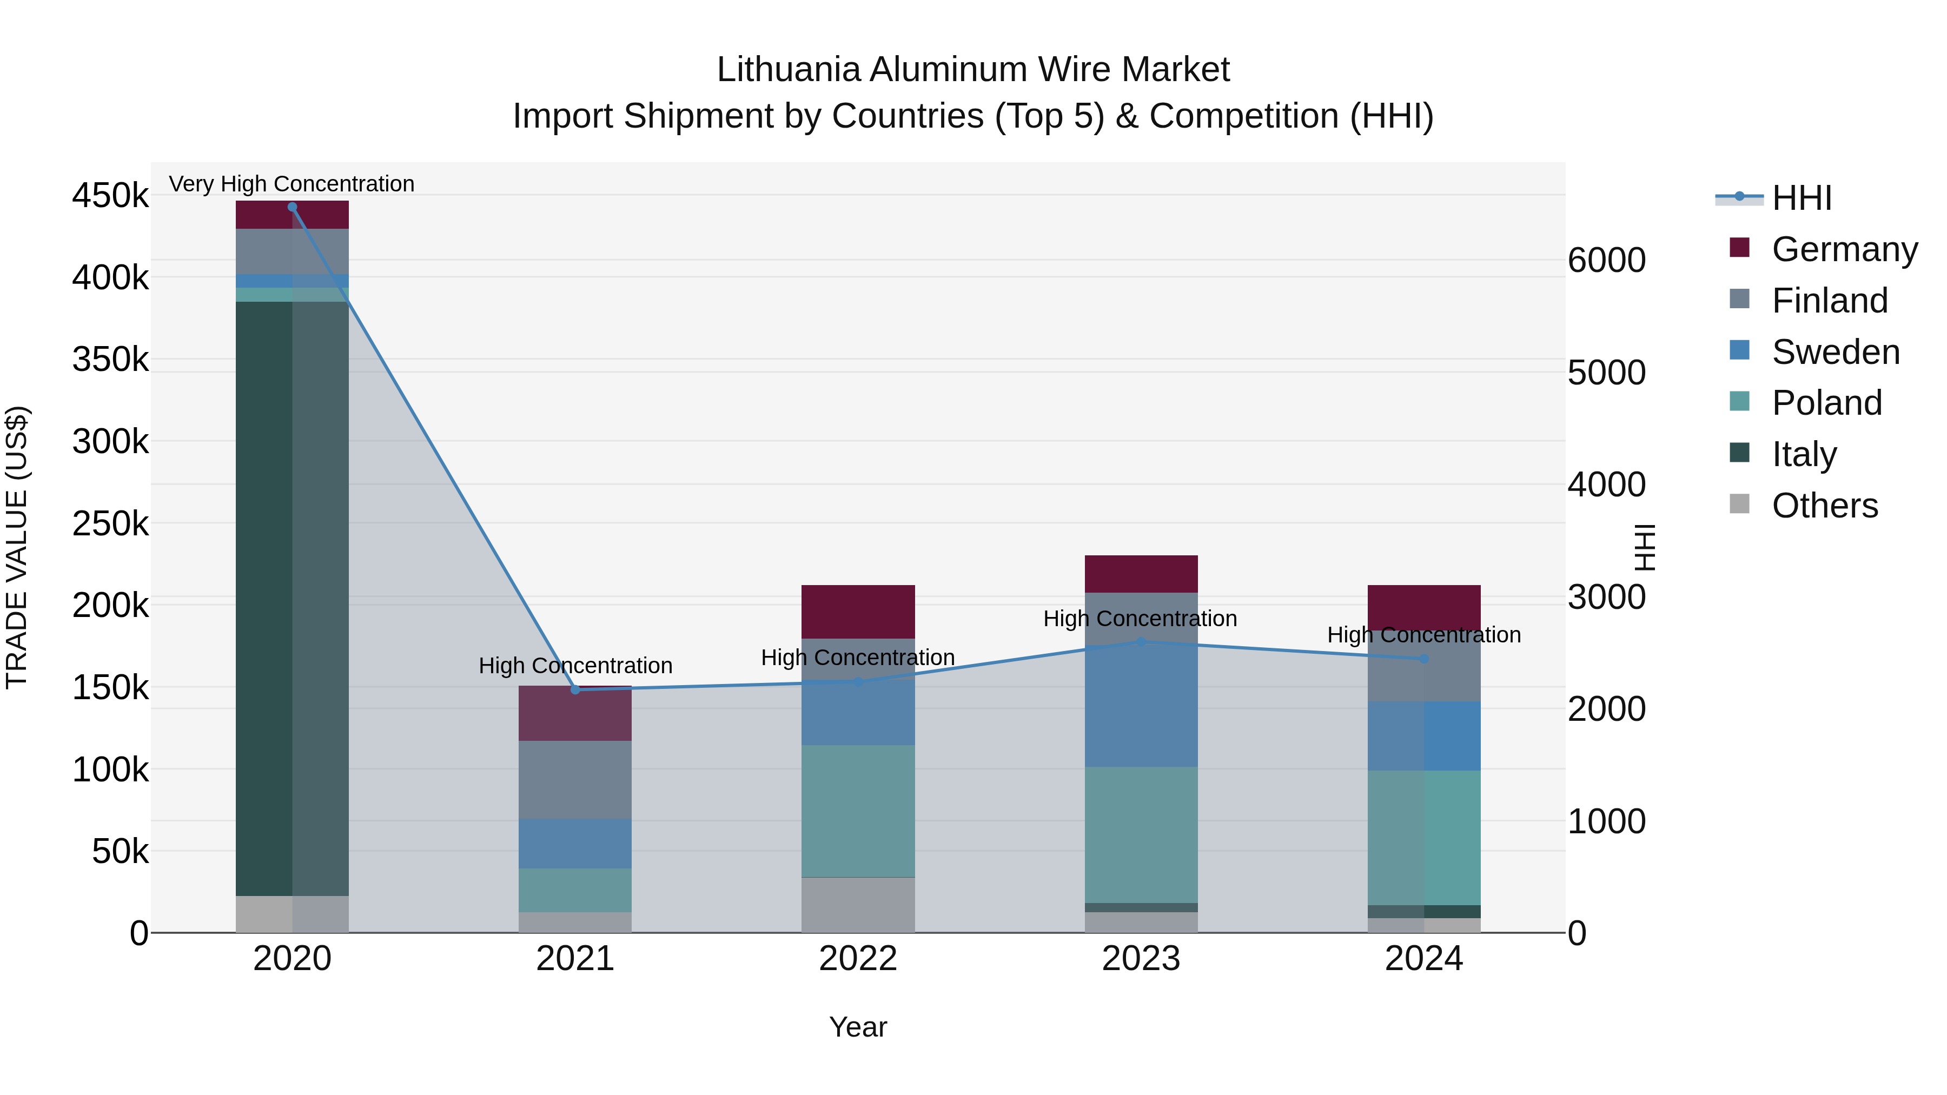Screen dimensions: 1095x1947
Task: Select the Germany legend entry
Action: (1844, 249)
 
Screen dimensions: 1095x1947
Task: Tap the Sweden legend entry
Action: (1835, 352)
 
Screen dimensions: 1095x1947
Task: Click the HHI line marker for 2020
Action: (293, 207)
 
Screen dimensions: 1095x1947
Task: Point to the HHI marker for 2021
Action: (575, 690)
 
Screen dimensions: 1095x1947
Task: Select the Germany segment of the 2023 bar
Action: (1141, 574)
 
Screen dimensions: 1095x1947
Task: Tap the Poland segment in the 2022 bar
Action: (858, 811)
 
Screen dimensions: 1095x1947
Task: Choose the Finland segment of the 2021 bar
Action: (575, 780)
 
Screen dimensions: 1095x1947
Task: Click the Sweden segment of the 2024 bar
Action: (1424, 736)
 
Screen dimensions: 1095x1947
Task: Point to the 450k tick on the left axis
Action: (110, 196)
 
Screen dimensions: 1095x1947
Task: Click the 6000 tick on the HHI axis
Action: (1606, 260)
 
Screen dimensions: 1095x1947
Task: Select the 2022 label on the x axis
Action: (858, 959)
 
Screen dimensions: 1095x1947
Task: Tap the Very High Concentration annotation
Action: (292, 184)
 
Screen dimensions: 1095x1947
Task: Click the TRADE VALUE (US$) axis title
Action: (17, 547)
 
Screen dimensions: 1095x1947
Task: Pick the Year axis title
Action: (858, 1027)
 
